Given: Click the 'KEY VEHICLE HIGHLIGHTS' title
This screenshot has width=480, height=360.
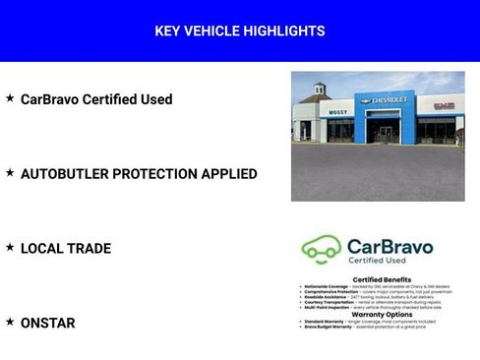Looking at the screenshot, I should coord(240,31).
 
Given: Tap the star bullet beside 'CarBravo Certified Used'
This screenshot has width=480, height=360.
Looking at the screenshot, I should coord(10,98).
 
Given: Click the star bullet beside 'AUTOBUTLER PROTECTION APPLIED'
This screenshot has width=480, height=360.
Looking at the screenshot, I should coord(10,173).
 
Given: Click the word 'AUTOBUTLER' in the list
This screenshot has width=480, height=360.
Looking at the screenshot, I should coord(65,174).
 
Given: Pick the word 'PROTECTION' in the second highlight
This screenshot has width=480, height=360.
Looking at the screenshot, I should coord(157,174).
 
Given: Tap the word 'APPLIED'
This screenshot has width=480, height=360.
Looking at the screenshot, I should coord(230,174).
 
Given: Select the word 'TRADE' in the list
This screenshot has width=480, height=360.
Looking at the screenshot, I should coord(89,249).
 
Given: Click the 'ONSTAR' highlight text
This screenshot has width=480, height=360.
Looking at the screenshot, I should coord(47,324).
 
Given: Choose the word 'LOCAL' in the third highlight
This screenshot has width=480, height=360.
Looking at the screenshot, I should coord(40,249).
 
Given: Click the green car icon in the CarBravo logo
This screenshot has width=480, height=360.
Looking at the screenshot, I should coord(321,249).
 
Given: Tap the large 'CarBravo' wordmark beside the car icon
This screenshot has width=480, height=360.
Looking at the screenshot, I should coord(390,246).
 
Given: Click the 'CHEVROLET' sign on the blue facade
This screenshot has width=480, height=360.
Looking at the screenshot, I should coord(388,99).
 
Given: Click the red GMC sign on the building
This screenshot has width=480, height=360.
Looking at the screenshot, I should coord(445,105).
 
